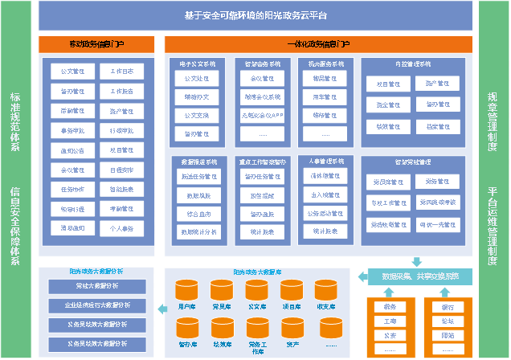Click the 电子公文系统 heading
pos(196,63)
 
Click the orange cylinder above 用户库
pos(187,288)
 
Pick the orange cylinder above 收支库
pos(326,288)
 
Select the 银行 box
pos(447,306)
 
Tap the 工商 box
pos(390,321)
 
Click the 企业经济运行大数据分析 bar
pos(91,305)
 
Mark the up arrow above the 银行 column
pos(447,292)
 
